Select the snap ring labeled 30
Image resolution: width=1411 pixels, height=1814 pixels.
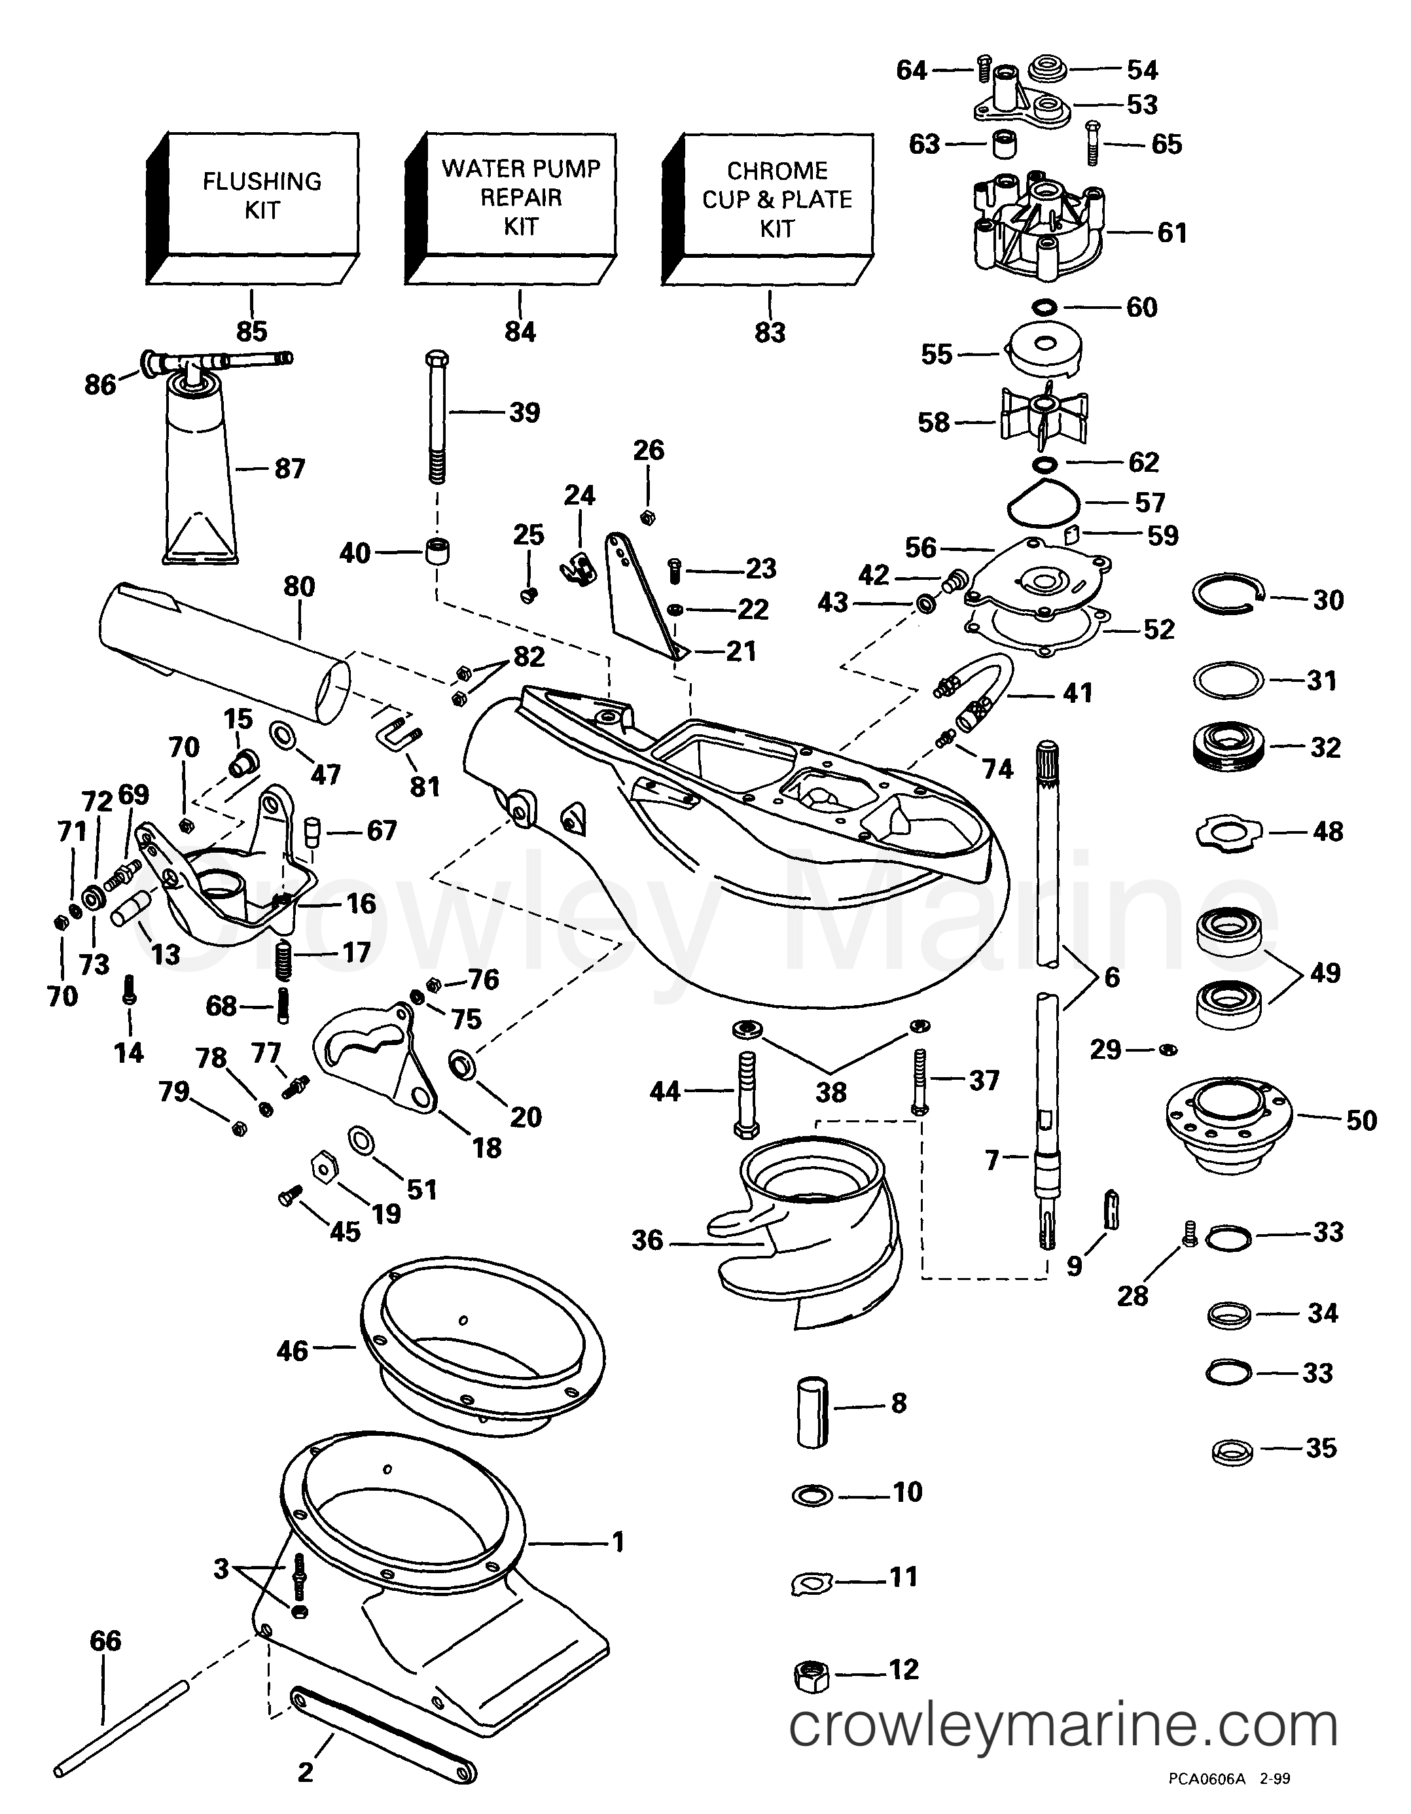1228,594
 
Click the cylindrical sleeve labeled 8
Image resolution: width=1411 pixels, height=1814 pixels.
812,1412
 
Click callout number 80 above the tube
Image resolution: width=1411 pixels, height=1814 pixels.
299,586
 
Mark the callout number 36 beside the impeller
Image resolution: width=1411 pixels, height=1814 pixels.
648,1240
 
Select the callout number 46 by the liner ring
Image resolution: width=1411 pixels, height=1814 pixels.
293,1351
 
